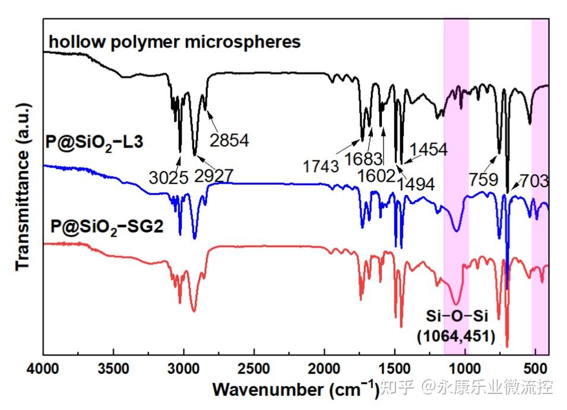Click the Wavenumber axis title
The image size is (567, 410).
pyautogui.click(x=295, y=389)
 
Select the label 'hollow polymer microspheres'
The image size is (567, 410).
pyautogui.click(x=175, y=42)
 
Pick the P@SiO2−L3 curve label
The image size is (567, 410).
pyautogui.click(x=94, y=143)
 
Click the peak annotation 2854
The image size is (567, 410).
pyautogui.click(x=229, y=140)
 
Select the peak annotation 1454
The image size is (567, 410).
pyautogui.click(x=427, y=149)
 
